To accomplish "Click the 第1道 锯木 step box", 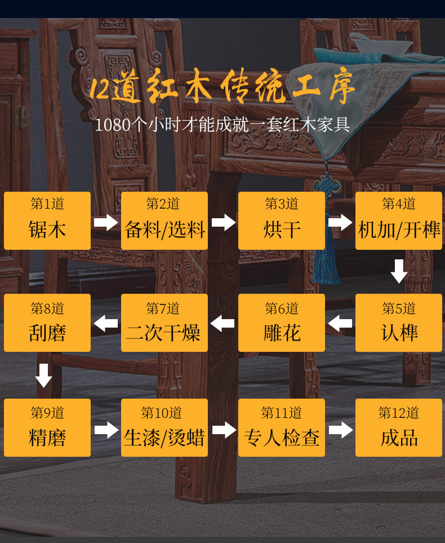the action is coord(47,220).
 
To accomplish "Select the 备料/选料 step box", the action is coord(164,220).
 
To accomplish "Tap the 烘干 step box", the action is coord(282,220).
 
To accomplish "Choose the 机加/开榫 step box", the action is coord(399,220).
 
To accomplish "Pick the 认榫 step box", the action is coord(399,323).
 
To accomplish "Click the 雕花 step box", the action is coord(282,323).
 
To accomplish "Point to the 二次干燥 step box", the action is coord(164,323).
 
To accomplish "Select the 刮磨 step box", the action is coord(47,323).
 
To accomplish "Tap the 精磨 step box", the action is coord(47,427).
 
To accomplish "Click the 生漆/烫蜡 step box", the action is coord(164,427).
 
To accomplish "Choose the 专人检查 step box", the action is coord(282,427).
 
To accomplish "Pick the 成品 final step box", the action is coord(399,427).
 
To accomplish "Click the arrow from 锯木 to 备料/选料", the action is coord(106,222).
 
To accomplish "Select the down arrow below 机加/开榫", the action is coord(399,271).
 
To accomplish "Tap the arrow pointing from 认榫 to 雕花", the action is coord(340,324).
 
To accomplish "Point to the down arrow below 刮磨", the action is coord(44,376).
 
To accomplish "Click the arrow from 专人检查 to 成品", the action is coord(340,430).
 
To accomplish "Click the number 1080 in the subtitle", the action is coord(112,125).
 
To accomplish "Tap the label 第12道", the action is coord(399,413).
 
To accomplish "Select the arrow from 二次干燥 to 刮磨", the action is coord(106,324).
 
